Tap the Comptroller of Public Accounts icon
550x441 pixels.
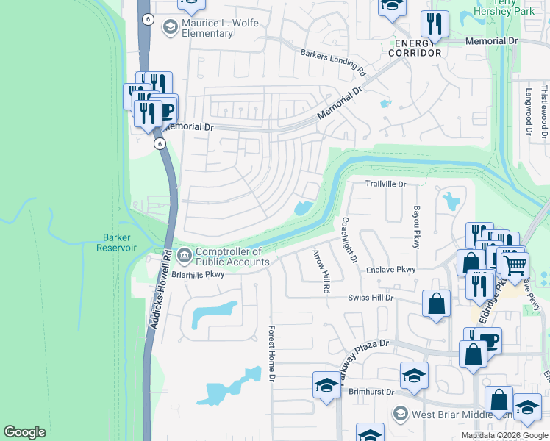[x=185, y=256]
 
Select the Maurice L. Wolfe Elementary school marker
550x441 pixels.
[x=170, y=28]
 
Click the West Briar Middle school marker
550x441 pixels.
[x=400, y=413]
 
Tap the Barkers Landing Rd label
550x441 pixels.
[x=333, y=62]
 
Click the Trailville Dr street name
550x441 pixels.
[x=386, y=184]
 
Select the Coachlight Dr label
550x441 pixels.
[x=349, y=240]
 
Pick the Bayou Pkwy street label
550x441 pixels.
[x=415, y=227]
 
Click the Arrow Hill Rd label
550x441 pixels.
[x=320, y=271]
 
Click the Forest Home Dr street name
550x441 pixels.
[x=271, y=354]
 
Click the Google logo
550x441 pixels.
[x=25, y=432]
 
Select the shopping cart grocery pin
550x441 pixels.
[x=515, y=263]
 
